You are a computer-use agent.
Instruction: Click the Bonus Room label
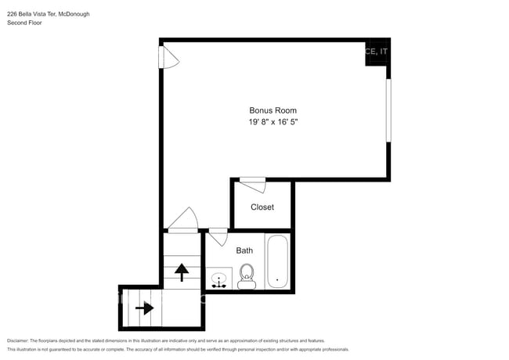273,110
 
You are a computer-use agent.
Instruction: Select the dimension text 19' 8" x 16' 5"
273,122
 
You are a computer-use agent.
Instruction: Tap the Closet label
262,207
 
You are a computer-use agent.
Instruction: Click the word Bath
244,250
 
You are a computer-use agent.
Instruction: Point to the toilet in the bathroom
247,275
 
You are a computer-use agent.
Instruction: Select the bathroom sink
219,279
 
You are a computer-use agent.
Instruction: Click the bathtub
276,261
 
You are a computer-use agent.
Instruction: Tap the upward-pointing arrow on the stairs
182,272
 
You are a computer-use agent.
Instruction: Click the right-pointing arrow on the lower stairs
144,308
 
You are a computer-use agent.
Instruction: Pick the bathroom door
218,236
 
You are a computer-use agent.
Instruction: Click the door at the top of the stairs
182,221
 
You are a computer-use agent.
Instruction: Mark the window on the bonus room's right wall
388,110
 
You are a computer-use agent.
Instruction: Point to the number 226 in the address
12,13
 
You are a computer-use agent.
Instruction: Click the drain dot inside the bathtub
276,279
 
